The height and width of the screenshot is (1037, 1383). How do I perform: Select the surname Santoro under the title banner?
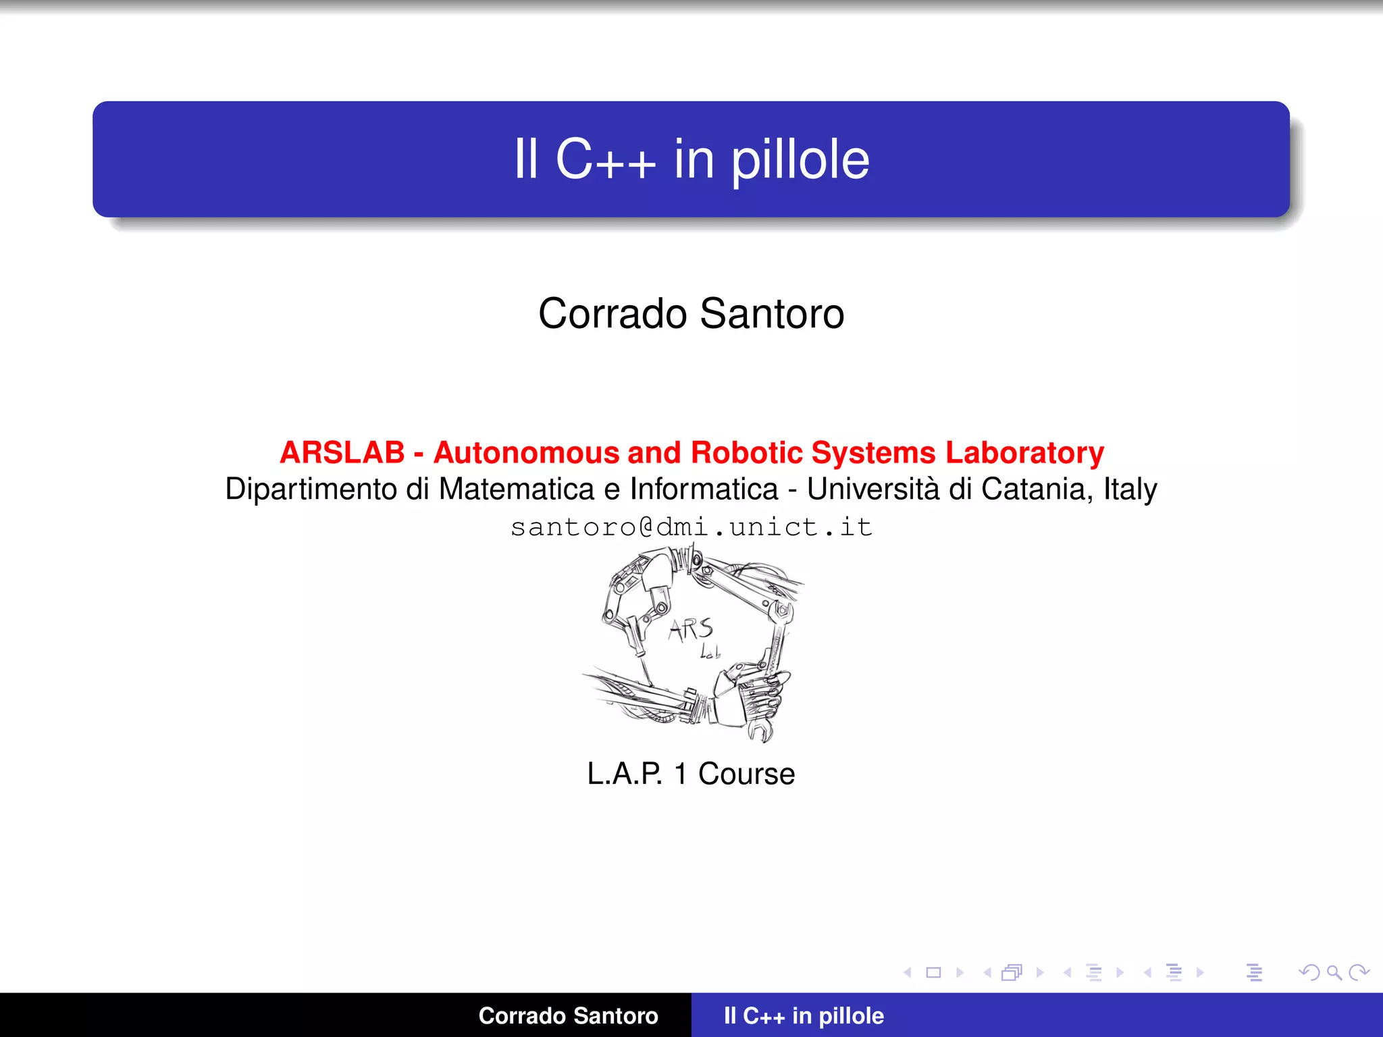[772, 314]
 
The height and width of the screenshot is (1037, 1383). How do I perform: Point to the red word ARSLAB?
[342, 452]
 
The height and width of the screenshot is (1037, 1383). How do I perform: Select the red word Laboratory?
[1024, 452]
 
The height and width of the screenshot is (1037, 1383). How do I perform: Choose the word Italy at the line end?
[1130, 489]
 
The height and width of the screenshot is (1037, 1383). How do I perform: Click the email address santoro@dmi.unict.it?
[691, 527]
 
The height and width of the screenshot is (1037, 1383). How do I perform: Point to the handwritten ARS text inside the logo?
[691, 629]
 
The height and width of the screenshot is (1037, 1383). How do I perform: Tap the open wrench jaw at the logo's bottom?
[762, 730]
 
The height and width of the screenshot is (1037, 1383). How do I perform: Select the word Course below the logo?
[746, 774]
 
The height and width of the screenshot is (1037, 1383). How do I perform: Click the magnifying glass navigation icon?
[1334, 972]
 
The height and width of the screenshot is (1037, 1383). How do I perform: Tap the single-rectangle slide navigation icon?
[933, 972]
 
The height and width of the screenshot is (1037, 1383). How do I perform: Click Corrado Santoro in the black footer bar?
[568, 1015]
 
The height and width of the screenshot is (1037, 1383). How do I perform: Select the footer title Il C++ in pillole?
[804, 1015]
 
